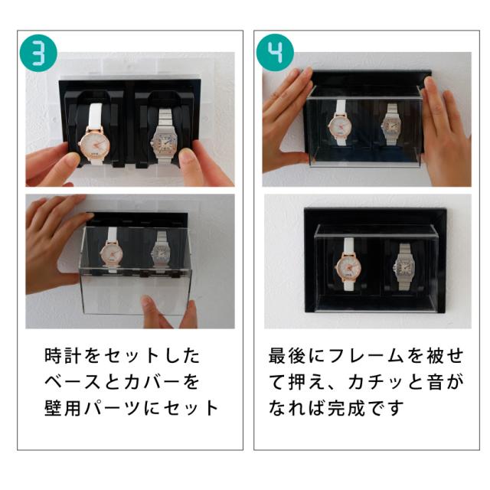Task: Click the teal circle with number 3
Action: (x=38, y=53)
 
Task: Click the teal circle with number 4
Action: (x=275, y=53)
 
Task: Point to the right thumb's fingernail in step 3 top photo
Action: (x=188, y=156)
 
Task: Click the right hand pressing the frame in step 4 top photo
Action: (x=446, y=131)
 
